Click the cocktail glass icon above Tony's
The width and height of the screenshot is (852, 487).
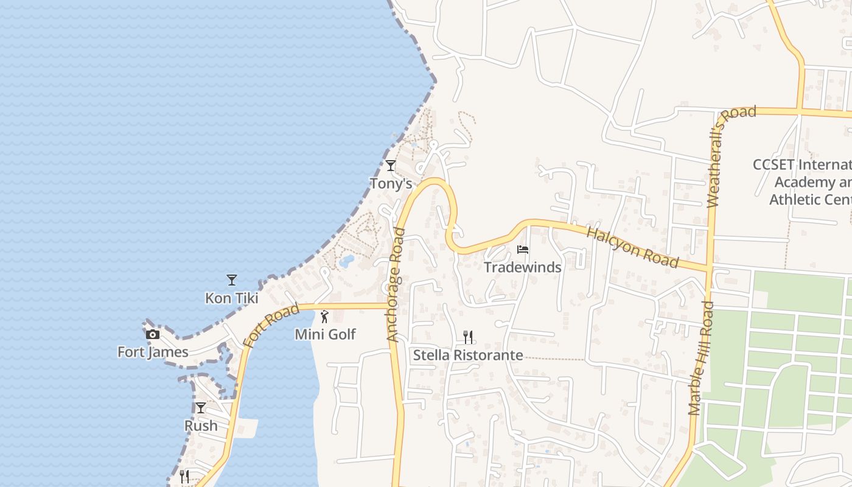coord(391,165)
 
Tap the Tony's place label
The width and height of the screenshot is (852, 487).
coord(391,183)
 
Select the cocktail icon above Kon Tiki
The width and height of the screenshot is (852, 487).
coord(231,280)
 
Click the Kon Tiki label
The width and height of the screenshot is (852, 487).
coord(231,298)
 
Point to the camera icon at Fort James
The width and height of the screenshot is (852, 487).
coord(152,334)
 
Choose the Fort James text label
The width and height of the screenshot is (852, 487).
coord(153,352)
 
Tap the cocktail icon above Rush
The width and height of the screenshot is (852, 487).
coord(200,408)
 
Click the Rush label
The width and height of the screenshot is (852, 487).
coord(201,426)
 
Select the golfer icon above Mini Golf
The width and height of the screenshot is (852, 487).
coord(324,317)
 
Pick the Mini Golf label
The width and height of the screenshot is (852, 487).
coord(325,334)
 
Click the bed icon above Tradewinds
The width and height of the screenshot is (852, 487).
coord(522,249)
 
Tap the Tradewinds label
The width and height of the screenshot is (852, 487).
coord(522,267)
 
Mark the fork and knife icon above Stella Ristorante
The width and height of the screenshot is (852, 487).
coord(468,337)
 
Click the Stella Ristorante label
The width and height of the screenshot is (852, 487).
coord(468,355)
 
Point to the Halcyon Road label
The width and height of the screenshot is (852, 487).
coord(632,247)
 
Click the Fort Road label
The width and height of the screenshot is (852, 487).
coord(271,326)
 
